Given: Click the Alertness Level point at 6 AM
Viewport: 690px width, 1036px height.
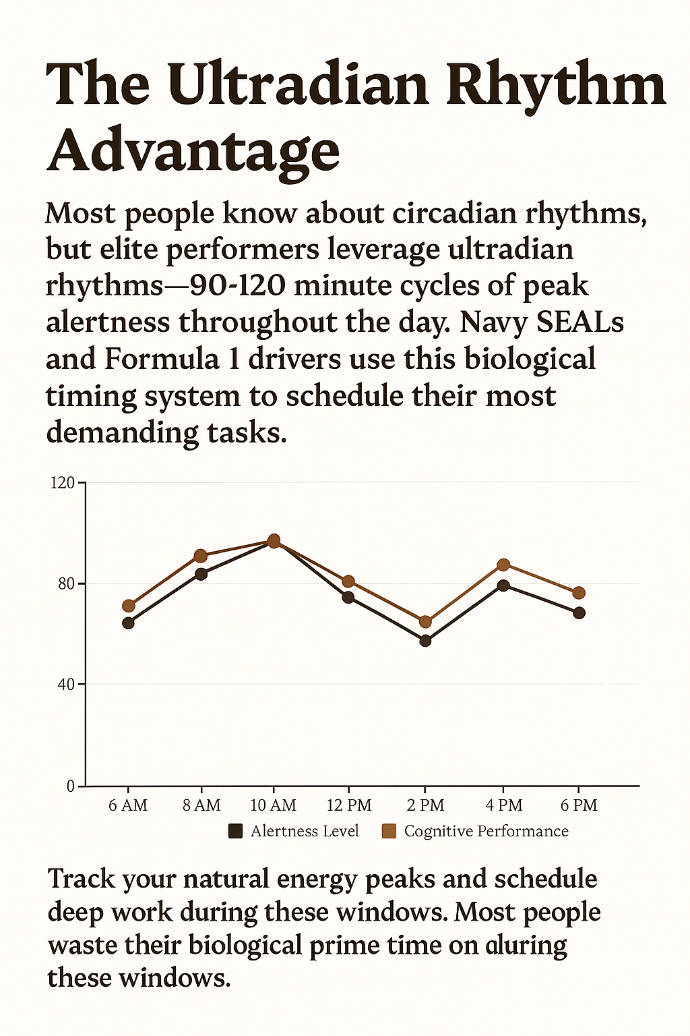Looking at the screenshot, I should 128,623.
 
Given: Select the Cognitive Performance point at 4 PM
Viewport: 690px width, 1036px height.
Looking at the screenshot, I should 503,565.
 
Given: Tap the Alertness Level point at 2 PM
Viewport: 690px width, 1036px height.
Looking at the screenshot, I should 425,640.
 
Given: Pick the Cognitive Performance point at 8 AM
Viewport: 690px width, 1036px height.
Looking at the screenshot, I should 200,556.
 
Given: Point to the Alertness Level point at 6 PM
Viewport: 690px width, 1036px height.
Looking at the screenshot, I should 579,612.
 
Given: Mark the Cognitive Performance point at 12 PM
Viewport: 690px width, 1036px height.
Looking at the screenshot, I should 348,581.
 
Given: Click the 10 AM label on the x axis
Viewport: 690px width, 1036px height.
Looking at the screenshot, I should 273,805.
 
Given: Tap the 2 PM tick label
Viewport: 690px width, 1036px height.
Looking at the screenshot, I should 426,805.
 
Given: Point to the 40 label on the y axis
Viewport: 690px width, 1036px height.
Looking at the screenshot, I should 66,684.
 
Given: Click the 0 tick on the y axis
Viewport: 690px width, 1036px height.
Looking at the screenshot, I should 71,786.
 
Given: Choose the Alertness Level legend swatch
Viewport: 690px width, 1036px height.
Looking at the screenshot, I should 235,831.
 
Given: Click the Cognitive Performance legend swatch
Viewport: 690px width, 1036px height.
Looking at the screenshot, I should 389,831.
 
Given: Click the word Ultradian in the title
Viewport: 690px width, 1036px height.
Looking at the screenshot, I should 299,86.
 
